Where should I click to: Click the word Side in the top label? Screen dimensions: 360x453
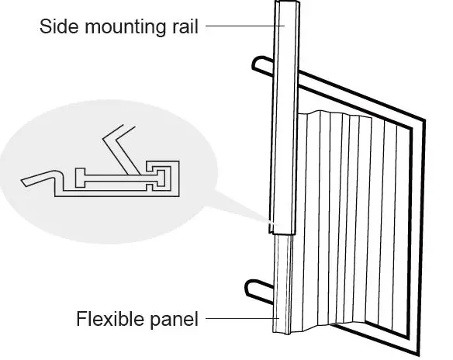[x=55, y=28]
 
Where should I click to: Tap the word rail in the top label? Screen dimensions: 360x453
[x=182, y=28]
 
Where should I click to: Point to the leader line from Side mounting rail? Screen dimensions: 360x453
[x=240, y=27]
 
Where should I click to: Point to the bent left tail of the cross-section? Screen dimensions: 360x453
[x=35, y=180]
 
